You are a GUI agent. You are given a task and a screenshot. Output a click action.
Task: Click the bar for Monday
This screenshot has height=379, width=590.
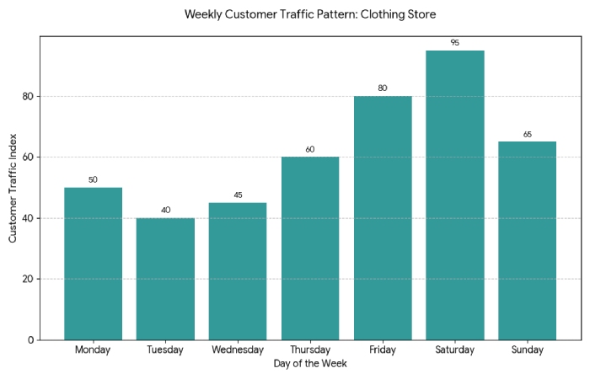[x=93, y=264]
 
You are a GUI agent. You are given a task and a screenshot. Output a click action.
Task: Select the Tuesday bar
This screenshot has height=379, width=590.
[x=165, y=279]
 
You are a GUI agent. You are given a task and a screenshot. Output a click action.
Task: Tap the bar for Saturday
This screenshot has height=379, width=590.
[x=454, y=195]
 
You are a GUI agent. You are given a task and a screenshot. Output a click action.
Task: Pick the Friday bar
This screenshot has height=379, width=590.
[x=383, y=218]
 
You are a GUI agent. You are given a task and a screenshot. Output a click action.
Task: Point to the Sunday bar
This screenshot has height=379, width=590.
[x=527, y=241]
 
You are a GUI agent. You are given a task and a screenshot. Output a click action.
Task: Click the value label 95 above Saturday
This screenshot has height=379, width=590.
[x=454, y=42]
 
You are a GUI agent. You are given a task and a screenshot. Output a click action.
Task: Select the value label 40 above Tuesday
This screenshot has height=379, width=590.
[x=165, y=210]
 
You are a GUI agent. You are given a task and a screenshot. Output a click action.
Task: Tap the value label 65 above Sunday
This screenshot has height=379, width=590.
[x=527, y=134]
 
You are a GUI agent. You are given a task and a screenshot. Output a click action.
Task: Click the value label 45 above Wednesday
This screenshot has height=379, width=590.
[x=238, y=195]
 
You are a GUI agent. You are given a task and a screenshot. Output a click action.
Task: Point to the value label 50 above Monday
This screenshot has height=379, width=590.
[x=93, y=179]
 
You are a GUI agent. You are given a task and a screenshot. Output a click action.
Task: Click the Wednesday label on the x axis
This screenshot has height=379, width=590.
[x=238, y=350]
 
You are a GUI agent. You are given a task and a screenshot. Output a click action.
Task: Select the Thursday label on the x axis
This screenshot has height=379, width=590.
[x=310, y=350]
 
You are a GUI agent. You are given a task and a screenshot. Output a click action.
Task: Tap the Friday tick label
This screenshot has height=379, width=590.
[x=383, y=350]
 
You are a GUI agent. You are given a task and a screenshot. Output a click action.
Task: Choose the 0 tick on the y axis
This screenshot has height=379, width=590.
[x=30, y=340]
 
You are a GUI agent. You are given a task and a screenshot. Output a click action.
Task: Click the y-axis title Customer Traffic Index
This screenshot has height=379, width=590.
[x=13, y=188]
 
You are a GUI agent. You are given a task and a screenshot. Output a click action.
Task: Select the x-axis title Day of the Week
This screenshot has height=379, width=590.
[x=310, y=364]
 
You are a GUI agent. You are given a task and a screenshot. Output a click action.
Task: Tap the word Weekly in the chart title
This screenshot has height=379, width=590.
[x=202, y=14]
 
